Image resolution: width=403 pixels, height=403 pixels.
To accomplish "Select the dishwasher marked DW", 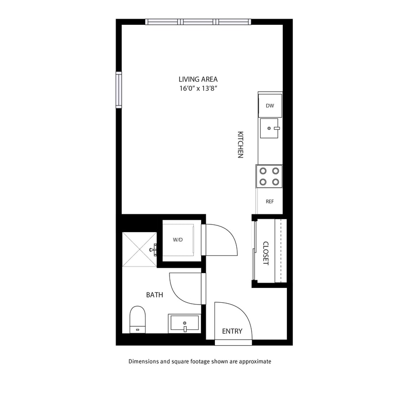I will point(270,106).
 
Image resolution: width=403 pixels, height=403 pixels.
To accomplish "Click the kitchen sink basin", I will point(269,128).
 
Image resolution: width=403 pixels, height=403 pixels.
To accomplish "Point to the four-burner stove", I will point(269,176).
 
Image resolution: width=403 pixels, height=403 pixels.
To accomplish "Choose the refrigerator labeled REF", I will point(269,201).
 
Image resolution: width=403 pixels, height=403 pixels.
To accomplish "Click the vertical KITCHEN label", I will point(241,145).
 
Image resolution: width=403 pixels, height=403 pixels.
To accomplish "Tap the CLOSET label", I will point(266,253).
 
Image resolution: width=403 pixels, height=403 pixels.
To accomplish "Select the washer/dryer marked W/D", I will point(178,240).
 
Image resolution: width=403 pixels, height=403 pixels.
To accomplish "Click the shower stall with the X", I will point(139,250).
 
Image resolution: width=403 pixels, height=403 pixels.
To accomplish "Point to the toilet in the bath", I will point(138,319).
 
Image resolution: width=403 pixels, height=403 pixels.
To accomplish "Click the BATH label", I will point(154,295).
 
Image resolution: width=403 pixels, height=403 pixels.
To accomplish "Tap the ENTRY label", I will point(232,331).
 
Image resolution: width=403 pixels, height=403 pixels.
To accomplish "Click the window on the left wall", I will point(118,90).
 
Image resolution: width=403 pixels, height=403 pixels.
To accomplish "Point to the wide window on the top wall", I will point(198,21).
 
